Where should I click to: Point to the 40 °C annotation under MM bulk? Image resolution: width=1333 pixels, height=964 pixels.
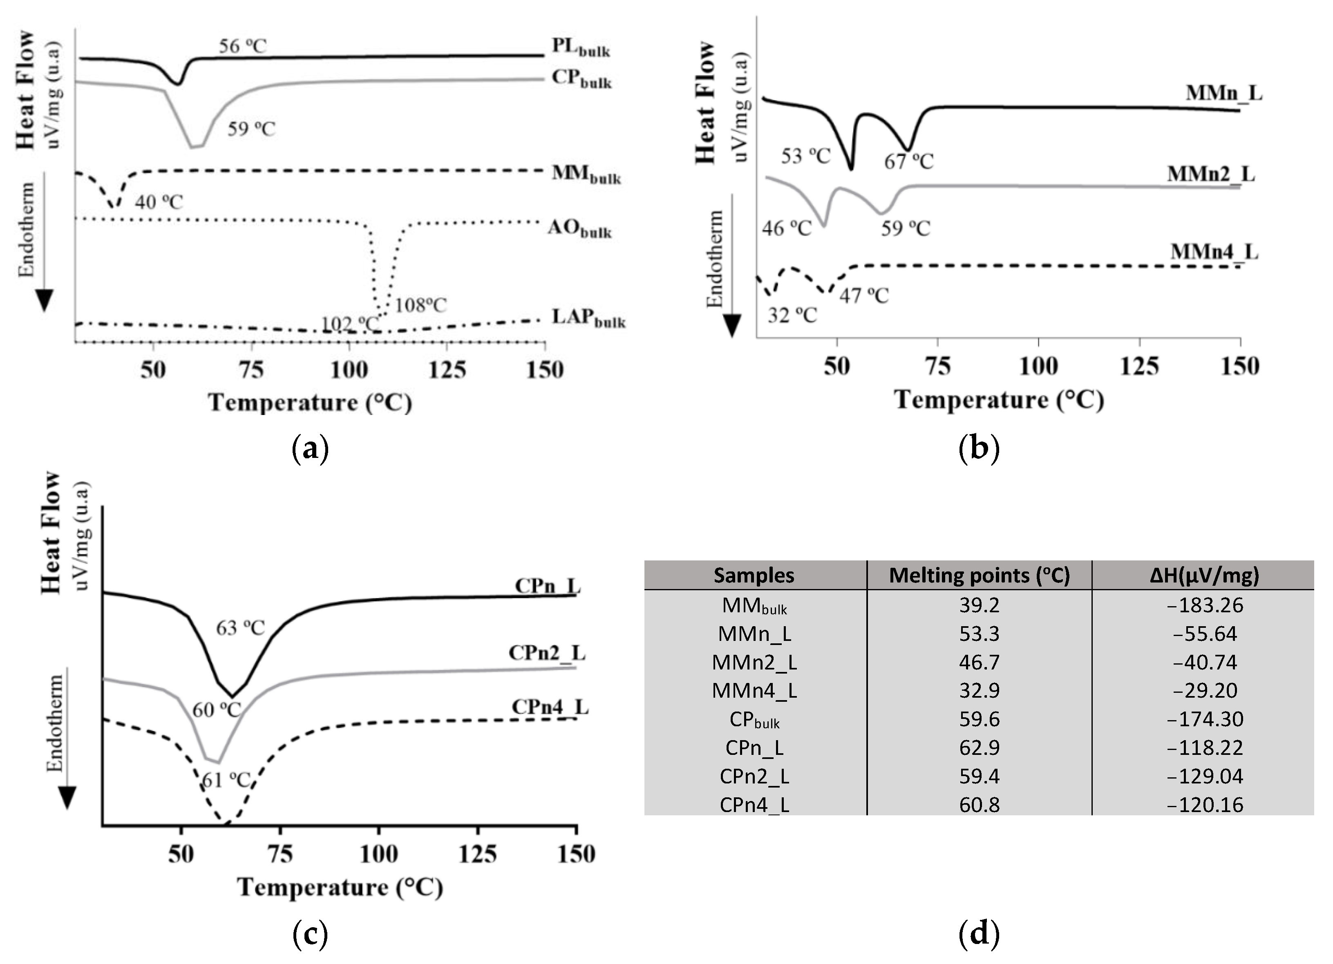click(159, 202)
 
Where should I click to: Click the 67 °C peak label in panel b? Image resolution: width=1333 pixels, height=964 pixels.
click(909, 161)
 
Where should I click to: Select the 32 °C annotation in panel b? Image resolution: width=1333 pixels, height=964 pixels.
click(792, 315)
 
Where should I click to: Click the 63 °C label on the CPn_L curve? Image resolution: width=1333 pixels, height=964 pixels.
click(240, 628)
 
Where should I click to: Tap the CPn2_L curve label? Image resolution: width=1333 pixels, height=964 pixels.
click(547, 653)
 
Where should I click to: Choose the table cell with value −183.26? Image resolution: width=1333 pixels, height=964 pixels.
click(1205, 605)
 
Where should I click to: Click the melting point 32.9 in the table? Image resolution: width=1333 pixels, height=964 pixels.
click(979, 690)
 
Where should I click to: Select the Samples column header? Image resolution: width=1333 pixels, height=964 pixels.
click(754, 575)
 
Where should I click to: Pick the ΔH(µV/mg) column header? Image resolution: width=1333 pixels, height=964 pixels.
click(1204, 575)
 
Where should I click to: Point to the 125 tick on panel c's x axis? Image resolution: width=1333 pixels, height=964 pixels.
click(477, 854)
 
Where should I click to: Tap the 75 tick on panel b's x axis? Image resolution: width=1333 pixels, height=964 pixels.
click(937, 366)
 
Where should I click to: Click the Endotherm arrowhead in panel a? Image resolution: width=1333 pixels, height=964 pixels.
click(45, 300)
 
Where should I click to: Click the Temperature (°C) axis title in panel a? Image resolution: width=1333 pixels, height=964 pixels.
click(310, 403)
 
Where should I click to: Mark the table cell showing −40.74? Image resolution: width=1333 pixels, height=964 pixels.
click(1205, 662)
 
